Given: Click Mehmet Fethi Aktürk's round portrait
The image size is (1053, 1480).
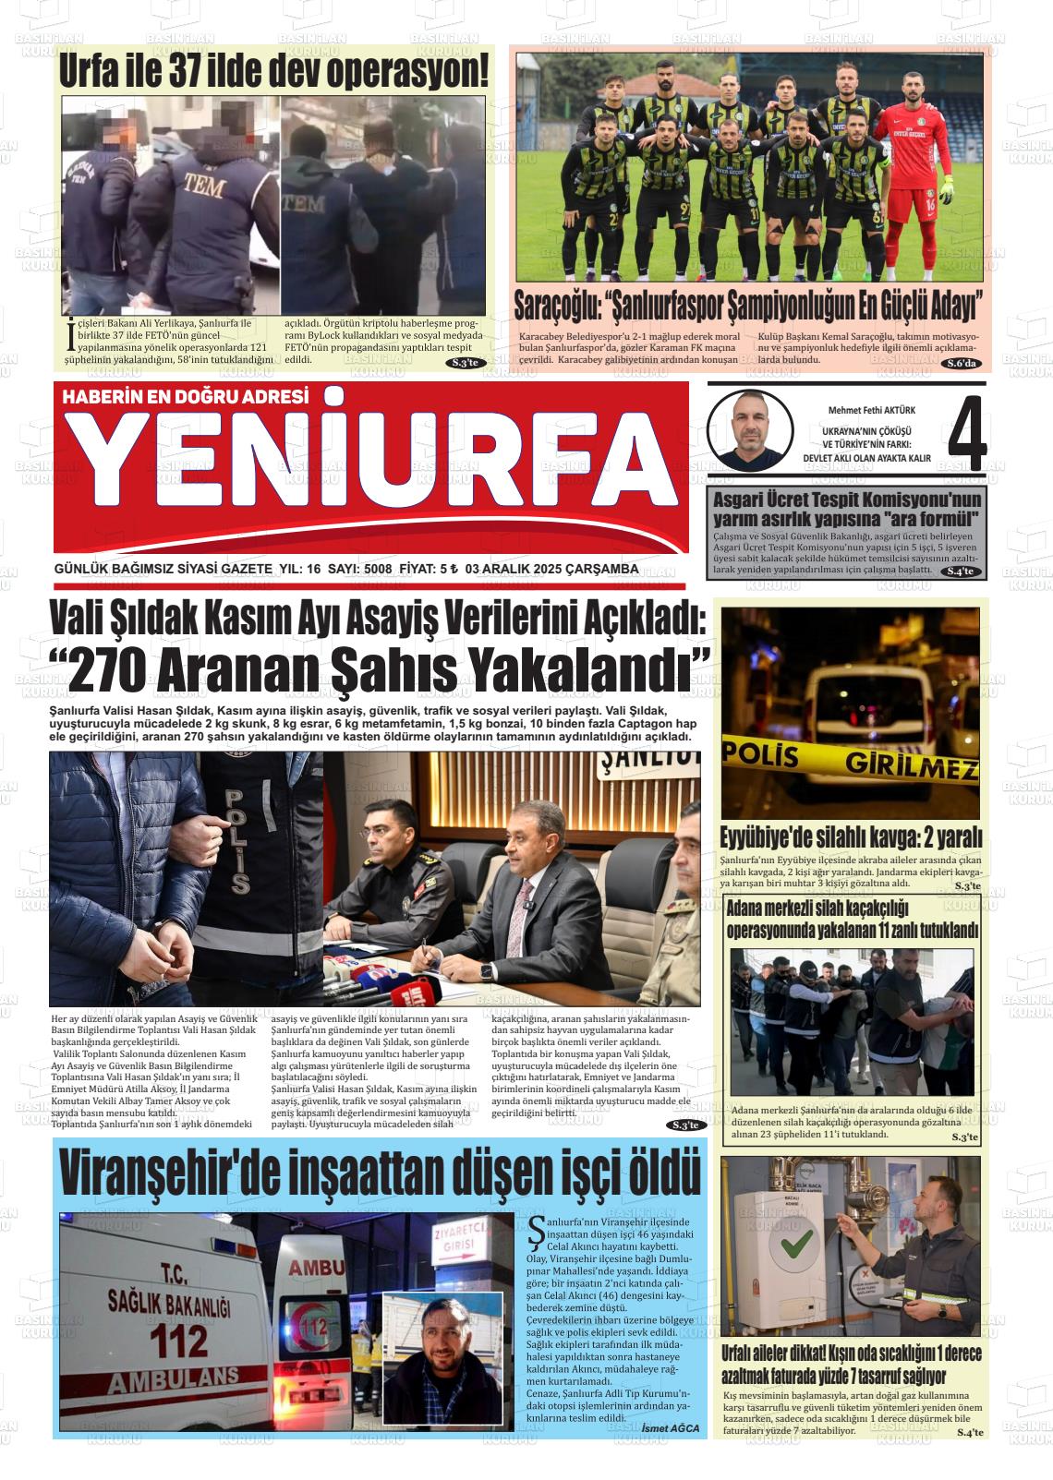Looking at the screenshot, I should [751, 431].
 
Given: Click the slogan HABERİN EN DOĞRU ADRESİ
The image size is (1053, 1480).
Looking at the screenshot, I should [184, 397].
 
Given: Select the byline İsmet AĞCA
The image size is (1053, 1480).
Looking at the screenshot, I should [670, 1427].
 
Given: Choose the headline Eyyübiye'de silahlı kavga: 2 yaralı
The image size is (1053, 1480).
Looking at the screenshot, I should [850, 838].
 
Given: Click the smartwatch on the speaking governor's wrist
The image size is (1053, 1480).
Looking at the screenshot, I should [487, 970].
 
